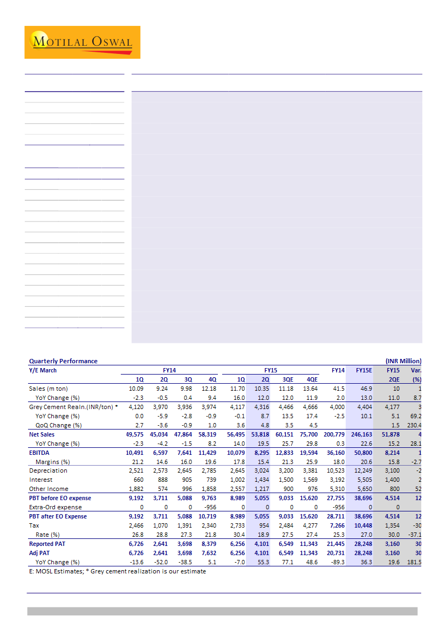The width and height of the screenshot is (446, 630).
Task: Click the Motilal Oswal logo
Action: point(82,42)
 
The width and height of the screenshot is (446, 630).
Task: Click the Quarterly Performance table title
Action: point(63,361)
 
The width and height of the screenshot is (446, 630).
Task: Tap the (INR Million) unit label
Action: point(403,361)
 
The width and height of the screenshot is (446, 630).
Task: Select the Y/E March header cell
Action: point(43,370)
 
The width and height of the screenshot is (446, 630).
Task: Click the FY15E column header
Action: point(363,370)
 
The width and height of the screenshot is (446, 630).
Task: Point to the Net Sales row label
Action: point(42,434)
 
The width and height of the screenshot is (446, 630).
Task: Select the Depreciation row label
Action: point(48,470)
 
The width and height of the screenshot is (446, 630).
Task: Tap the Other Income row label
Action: point(49,489)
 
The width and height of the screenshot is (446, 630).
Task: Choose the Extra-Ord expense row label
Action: point(55,507)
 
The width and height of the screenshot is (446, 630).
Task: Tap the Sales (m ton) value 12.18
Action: point(209,389)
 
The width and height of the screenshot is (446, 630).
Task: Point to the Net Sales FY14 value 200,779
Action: point(333,434)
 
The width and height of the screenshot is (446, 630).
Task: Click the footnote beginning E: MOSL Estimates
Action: point(118,571)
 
